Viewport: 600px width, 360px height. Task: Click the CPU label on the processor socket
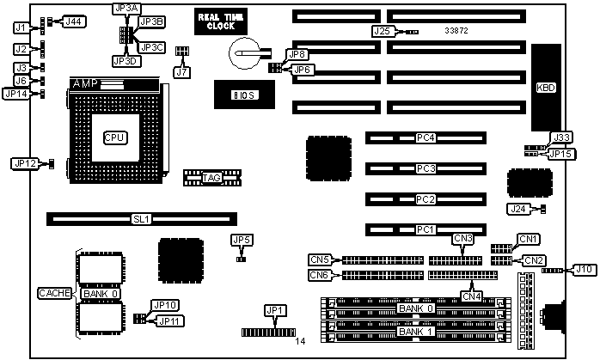[x=114, y=137]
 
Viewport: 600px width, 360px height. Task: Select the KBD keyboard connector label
[x=545, y=88]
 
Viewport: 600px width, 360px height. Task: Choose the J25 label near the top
[x=383, y=31]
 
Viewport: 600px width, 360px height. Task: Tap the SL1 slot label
[x=141, y=219]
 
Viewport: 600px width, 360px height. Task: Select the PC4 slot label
[x=426, y=137]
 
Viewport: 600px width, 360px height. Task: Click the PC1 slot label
[x=426, y=229]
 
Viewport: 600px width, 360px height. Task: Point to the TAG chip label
[x=211, y=179]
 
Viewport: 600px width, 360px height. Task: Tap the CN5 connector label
[x=320, y=259]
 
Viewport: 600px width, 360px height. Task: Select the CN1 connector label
[x=529, y=238]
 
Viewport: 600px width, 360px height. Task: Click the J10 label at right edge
[x=584, y=269]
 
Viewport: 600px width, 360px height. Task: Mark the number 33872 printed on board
[x=456, y=30]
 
